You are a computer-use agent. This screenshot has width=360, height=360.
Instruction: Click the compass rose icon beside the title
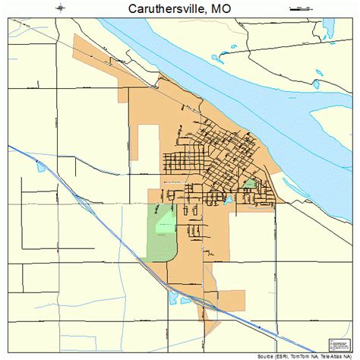pos(60,8)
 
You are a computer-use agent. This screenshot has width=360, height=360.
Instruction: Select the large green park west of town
pos(161,232)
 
